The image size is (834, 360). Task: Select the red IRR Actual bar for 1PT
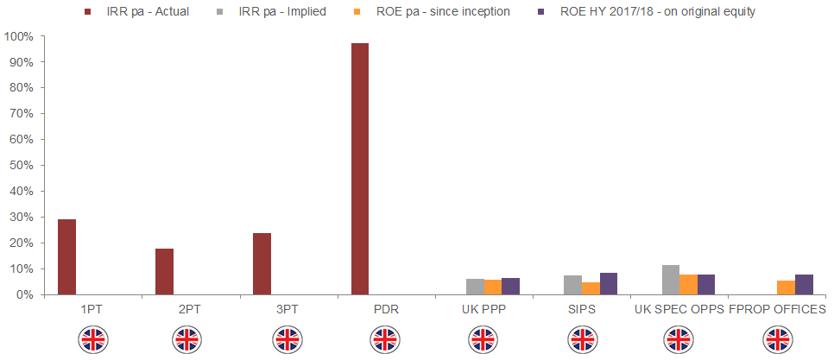(66, 257)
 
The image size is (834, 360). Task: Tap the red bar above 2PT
(164, 272)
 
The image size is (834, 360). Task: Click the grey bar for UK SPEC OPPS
(671, 280)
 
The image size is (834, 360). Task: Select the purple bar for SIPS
(609, 284)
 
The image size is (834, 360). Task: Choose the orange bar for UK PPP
(492, 287)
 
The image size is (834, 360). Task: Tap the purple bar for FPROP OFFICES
(804, 285)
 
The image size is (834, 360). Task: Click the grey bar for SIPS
(572, 285)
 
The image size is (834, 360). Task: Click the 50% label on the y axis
(22, 166)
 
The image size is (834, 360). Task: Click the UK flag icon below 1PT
(92, 339)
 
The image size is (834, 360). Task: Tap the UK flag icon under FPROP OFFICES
(778, 339)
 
